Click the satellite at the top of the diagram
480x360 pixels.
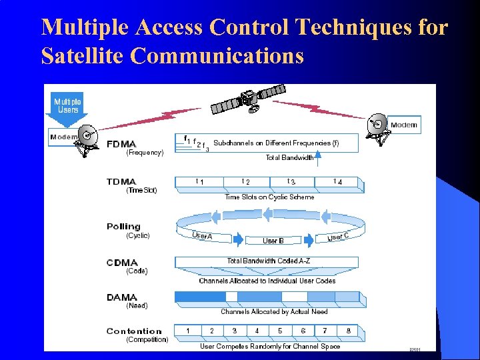click(x=247, y=99)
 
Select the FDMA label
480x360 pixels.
click(x=121, y=144)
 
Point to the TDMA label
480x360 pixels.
click(x=121, y=181)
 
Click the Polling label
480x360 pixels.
click(x=123, y=227)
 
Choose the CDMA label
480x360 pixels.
click(x=122, y=263)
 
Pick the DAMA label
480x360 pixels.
click(x=121, y=297)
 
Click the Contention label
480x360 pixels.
click(x=134, y=331)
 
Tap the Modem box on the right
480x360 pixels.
click(x=403, y=125)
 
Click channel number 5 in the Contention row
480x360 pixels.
click(x=279, y=331)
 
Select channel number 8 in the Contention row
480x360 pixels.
click(x=348, y=331)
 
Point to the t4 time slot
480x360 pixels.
click(x=338, y=181)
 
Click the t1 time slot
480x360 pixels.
click(x=199, y=181)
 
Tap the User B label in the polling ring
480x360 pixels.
click(x=273, y=241)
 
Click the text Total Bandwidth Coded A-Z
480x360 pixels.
click(x=267, y=261)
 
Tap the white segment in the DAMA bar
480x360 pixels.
click(x=294, y=297)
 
